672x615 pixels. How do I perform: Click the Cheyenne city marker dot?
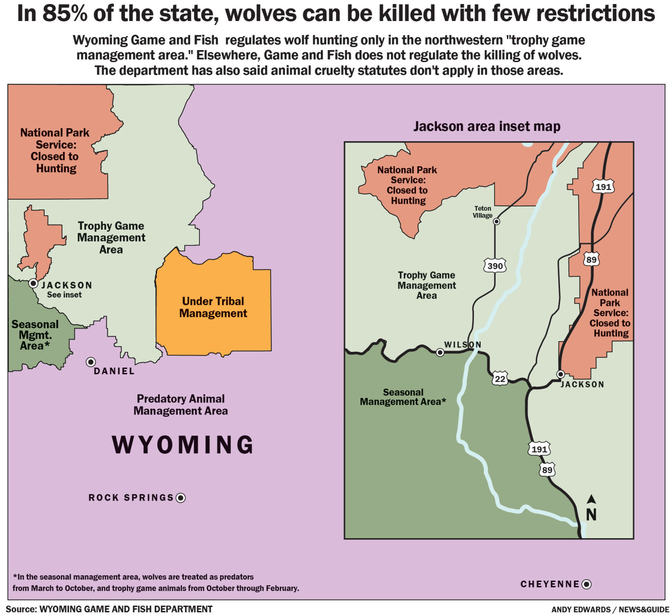(587, 584)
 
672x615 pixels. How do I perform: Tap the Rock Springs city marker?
(181, 498)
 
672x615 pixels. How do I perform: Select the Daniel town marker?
(91, 362)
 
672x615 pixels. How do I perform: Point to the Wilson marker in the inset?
(440, 352)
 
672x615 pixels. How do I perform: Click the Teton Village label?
(482, 212)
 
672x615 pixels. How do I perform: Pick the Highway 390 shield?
(495, 266)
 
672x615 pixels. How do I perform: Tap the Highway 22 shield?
(500, 379)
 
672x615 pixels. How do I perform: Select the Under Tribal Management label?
(213, 307)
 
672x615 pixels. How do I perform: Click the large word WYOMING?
(183, 445)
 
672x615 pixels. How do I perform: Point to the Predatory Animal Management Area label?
(181, 405)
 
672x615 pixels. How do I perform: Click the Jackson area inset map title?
(487, 126)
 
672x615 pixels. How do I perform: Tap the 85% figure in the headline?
(65, 13)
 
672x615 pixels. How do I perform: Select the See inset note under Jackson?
(64, 295)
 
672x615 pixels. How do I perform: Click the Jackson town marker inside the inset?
(561, 374)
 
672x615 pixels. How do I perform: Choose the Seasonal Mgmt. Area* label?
(35, 335)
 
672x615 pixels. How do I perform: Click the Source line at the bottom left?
(109, 609)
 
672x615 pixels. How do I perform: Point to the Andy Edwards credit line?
(610, 610)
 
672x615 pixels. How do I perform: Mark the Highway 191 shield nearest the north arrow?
(539, 449)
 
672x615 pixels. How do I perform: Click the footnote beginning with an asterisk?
(156, 582)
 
